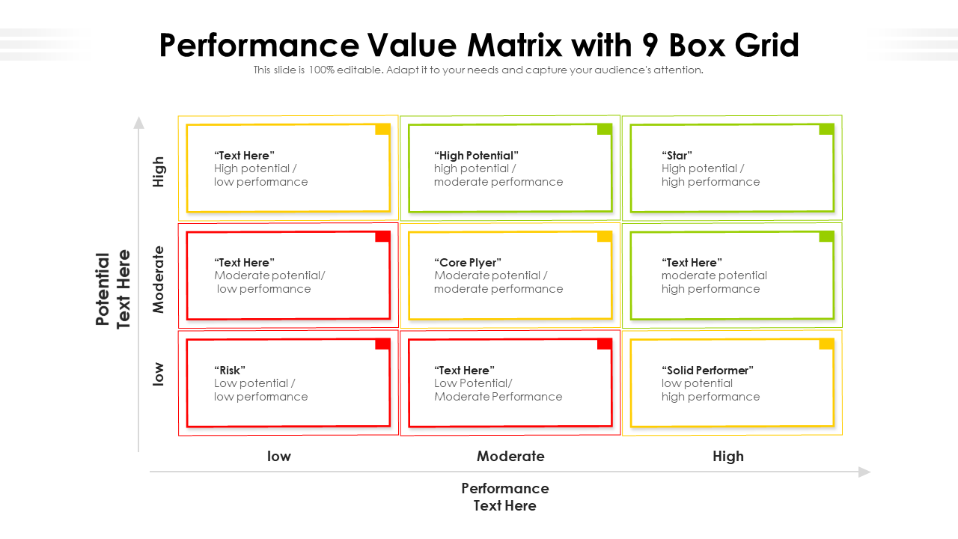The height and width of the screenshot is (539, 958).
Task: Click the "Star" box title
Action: pos(677,155)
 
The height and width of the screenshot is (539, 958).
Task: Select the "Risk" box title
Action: pos(230,370)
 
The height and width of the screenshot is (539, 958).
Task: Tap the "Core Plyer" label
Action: pos(468,262)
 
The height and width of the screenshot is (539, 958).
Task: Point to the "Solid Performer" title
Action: pos(707,370)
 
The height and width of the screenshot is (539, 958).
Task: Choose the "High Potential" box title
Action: pos(476,155)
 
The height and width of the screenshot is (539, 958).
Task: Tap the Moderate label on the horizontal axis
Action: pos(510,456)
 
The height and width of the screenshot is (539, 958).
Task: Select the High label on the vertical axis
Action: pos(158,171)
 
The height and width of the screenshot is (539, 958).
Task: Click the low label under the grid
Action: pos(279,456)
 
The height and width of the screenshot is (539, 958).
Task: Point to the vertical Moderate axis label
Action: pos(158,279)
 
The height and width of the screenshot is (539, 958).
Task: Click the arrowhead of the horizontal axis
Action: pos(864,472)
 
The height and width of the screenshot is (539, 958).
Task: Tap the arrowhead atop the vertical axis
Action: pos(138,122)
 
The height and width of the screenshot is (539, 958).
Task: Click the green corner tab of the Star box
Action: pos(827,130)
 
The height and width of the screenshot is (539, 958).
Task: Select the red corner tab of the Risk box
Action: pos(382,344)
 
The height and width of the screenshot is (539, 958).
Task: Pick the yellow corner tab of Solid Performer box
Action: pos(827,344)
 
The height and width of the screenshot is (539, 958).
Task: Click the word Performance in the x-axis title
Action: pos(505,488)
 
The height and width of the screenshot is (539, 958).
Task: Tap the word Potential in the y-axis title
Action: pos(103,289)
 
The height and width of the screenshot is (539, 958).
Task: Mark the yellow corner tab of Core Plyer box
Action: pos(605,237)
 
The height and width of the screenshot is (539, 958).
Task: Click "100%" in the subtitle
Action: pos(322,70)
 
